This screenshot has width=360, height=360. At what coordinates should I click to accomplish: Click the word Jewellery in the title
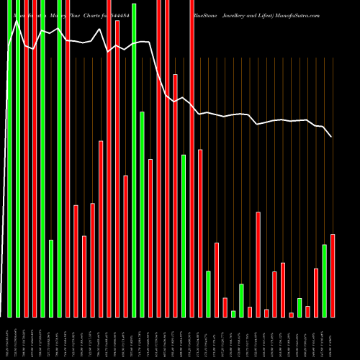point(242,4)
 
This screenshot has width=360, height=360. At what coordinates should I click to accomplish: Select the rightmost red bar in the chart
point(333,275)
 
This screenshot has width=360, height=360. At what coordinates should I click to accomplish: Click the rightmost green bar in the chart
point(324,281)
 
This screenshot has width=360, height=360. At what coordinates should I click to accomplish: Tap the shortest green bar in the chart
point(233,313)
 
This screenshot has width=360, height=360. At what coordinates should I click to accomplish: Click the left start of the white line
point(9,49)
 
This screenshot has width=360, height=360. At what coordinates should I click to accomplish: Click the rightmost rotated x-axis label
point(333,338)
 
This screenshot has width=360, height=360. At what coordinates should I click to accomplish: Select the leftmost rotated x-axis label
point(9,338)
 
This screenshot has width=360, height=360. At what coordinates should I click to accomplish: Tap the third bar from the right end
point(316,292)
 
